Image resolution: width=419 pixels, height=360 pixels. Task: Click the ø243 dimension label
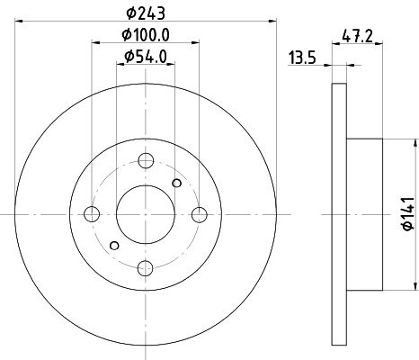coord(146,13)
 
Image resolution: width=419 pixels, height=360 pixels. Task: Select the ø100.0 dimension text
coord(146,35)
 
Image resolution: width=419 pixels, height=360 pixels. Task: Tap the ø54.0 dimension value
coord(146,57)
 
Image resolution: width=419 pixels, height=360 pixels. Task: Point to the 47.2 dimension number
coord(357,37)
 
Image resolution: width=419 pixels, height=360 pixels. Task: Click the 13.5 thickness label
coord(302,58)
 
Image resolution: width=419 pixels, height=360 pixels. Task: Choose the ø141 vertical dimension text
coord(408,214)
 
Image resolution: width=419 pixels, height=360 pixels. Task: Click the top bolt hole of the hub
coord(146,161)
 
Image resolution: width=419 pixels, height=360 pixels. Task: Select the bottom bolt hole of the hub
coord(146,268)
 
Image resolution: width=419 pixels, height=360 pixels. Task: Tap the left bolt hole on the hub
coord(92,214)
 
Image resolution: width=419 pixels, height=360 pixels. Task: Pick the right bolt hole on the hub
coord(200,214)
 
